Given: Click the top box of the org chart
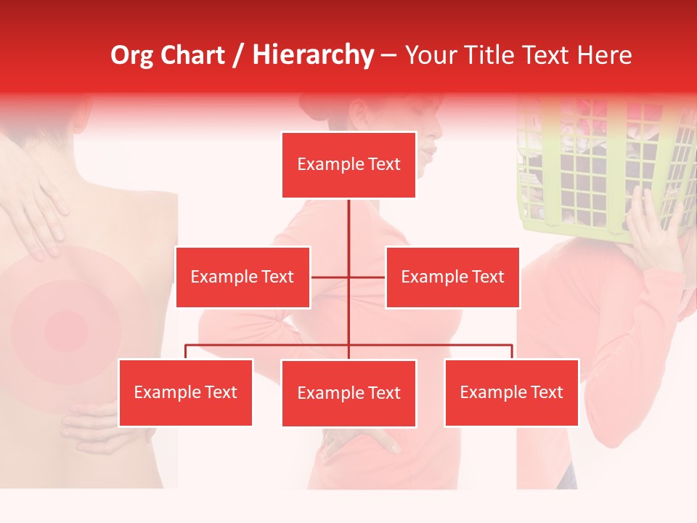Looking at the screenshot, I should tap(348, 165).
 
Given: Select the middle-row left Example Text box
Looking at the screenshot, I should tap(242, 277).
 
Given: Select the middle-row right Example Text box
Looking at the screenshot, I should tap(452, 277).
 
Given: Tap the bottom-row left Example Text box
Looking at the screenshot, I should tap(186, 393).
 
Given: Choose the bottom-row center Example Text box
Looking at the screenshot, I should tap(348, 394).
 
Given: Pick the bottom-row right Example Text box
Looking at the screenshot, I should tap(511, 393).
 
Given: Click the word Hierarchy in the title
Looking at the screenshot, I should tap(312, 54).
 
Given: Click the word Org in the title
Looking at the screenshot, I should tap(132, 54).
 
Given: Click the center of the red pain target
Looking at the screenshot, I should tap(66, 331).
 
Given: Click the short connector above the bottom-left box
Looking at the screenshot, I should tap(186, 352).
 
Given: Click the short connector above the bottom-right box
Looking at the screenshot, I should tap(511, 352).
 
